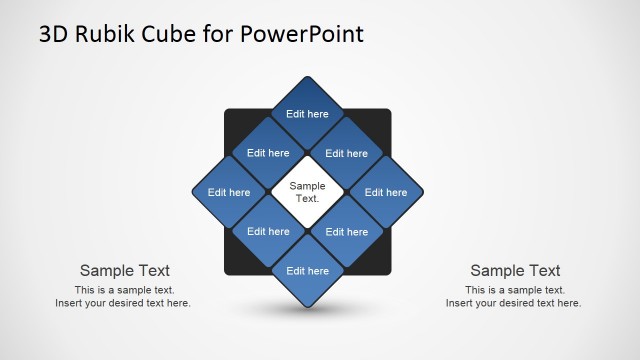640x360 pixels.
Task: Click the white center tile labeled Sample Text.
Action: [x=307, y=192]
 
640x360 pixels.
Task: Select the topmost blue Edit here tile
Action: [x=307, y=114]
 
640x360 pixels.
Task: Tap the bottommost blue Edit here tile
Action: [x=307, y=270]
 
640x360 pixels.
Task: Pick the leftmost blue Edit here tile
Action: [x=229, y=192]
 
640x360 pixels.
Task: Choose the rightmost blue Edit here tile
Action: [x=385, y=192]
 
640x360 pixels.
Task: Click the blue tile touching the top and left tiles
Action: [x=268, y=153]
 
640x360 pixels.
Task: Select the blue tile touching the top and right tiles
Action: [x=346, y=153]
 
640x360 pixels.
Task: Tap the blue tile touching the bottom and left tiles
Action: [x=268, y=231]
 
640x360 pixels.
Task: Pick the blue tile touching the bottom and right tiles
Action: [x=346, y=231]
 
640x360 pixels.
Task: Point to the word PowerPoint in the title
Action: [x=303, y=35]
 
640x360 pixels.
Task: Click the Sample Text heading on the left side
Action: [x=124, y=270]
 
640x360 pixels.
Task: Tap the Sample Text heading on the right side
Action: [x=515, y=270]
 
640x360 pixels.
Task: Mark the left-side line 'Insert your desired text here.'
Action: [x=123, y=303]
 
